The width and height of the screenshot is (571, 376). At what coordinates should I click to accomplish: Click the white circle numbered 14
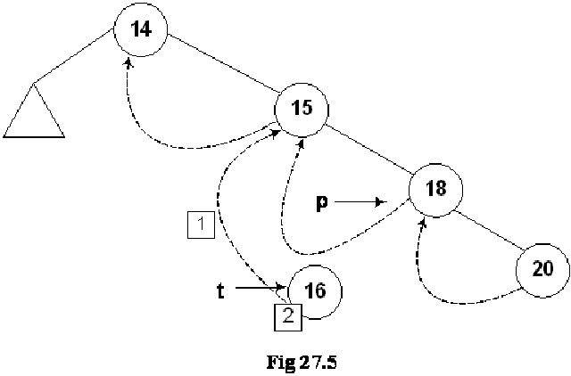click(x=141, y=29)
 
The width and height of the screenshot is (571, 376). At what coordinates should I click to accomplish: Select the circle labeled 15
click(x=302, y=110)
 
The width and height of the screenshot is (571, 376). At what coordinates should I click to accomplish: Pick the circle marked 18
click(x=435, y=190)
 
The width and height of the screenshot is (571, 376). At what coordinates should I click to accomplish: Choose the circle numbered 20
click(x=542, y=270)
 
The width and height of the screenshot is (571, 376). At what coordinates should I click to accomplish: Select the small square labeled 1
click(x=202, y=225)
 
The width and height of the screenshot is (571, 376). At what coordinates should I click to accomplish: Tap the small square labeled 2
click(x=287, y=316)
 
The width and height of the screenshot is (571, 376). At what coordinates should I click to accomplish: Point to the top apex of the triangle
click(x=34, y=86)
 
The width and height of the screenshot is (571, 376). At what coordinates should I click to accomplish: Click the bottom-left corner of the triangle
click(x=6, y=135)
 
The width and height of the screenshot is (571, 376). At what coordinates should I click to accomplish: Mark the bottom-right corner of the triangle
click(x=62, y=135)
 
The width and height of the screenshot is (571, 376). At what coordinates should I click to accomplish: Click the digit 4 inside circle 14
click(x=146, y=29)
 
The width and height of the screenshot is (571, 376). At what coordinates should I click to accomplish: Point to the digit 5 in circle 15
click(x=307, y=110)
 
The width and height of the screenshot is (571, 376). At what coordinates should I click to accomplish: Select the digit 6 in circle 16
click(x=320, y=291)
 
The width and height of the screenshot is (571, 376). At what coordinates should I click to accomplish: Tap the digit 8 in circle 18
click(x=441, y=190)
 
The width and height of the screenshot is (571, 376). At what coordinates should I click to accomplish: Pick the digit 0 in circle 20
click(x=549, y=270)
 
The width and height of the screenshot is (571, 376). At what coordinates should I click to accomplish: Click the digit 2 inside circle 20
click(x=537, y=270)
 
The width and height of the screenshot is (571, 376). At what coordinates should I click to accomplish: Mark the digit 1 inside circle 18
click(x=429, y=190)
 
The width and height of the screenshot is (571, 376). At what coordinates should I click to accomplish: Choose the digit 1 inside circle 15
click(x=295, y=110)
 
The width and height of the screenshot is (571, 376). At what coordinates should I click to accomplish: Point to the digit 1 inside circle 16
click(x=309, y=291)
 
